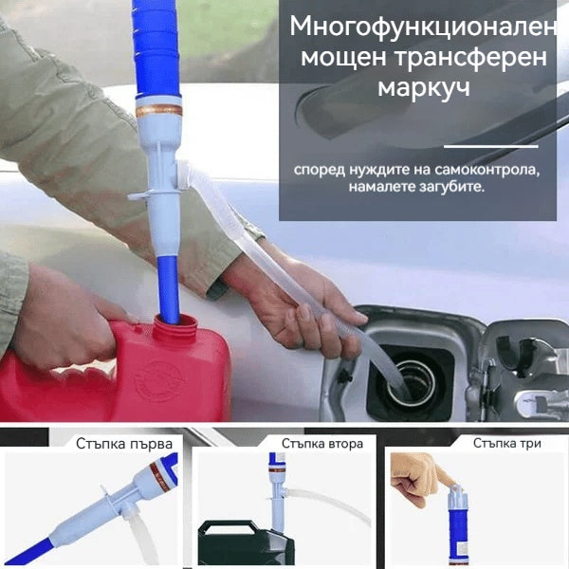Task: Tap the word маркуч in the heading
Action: (418, 90)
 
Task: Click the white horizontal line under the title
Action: (490, 146)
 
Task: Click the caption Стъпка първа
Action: (124, 443)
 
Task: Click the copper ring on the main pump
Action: (158, 110)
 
